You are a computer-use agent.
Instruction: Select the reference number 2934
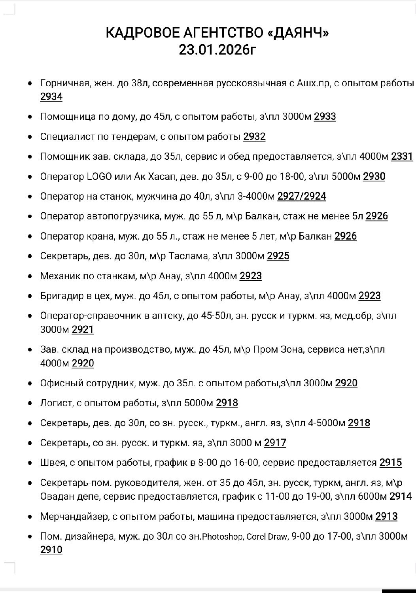(51, 97)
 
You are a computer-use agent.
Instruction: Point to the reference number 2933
(325, 117)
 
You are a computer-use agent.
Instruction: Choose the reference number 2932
(254, 137)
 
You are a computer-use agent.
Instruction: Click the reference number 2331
(402, 157)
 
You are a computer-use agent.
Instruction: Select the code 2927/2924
(302, 196)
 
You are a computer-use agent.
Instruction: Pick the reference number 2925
(278, 256)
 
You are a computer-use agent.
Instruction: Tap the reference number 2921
(83, 329)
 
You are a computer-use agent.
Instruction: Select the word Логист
(56, 403)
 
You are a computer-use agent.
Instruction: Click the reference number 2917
(275, 443)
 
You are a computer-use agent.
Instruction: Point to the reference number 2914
(401, 496)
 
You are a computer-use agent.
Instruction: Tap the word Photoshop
(223, 537)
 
